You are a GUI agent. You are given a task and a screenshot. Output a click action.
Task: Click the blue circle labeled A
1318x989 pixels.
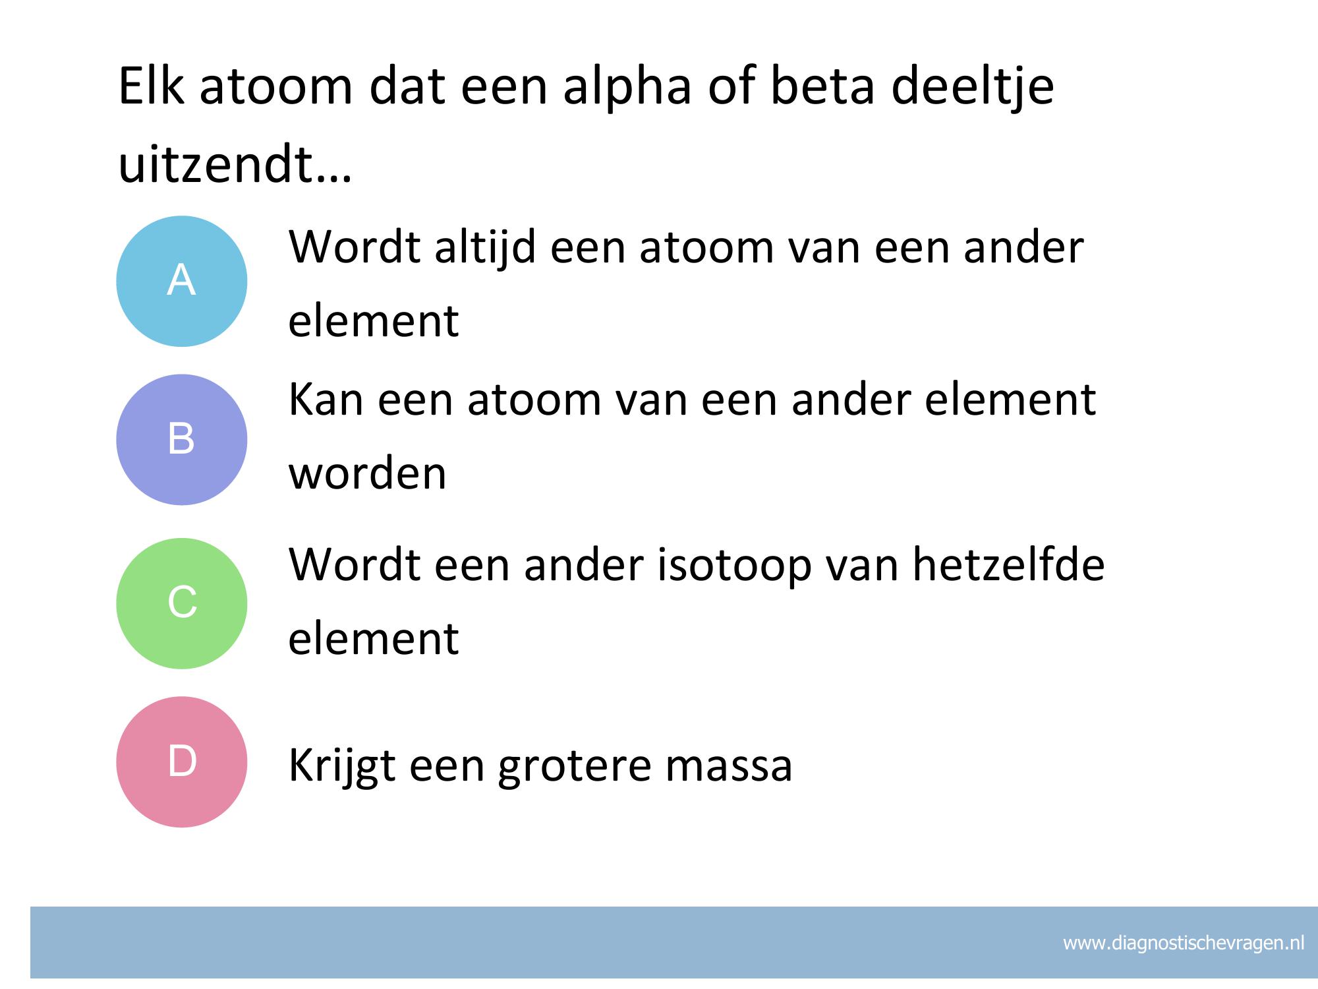182,281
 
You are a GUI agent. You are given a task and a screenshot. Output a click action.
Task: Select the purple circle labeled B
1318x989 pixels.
182,440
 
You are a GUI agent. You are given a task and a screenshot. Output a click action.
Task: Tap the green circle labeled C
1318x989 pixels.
182,603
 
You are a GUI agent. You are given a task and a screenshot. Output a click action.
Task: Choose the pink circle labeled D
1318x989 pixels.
182,762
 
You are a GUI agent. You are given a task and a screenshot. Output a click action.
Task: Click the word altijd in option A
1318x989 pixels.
484,249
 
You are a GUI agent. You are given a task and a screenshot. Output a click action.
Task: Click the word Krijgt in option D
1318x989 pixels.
341,765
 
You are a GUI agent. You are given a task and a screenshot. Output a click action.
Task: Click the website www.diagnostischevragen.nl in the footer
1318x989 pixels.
1184,944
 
